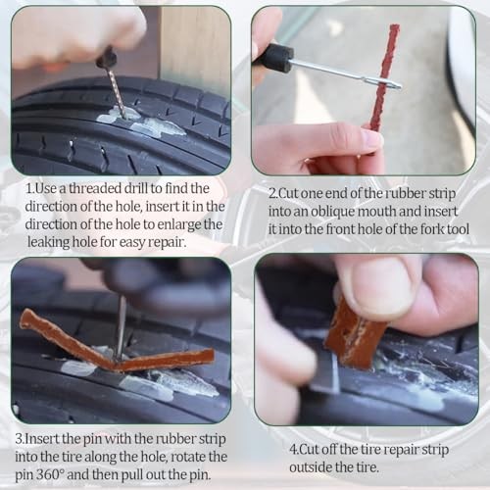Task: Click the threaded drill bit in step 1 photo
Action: click(x=117, y=90)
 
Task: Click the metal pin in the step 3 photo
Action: click(x=122, y=326)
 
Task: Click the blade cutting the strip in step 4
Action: click(x=327, y=372)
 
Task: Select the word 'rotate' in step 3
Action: click(x=188, y=457)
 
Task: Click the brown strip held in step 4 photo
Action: click(x=355, y=336)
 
